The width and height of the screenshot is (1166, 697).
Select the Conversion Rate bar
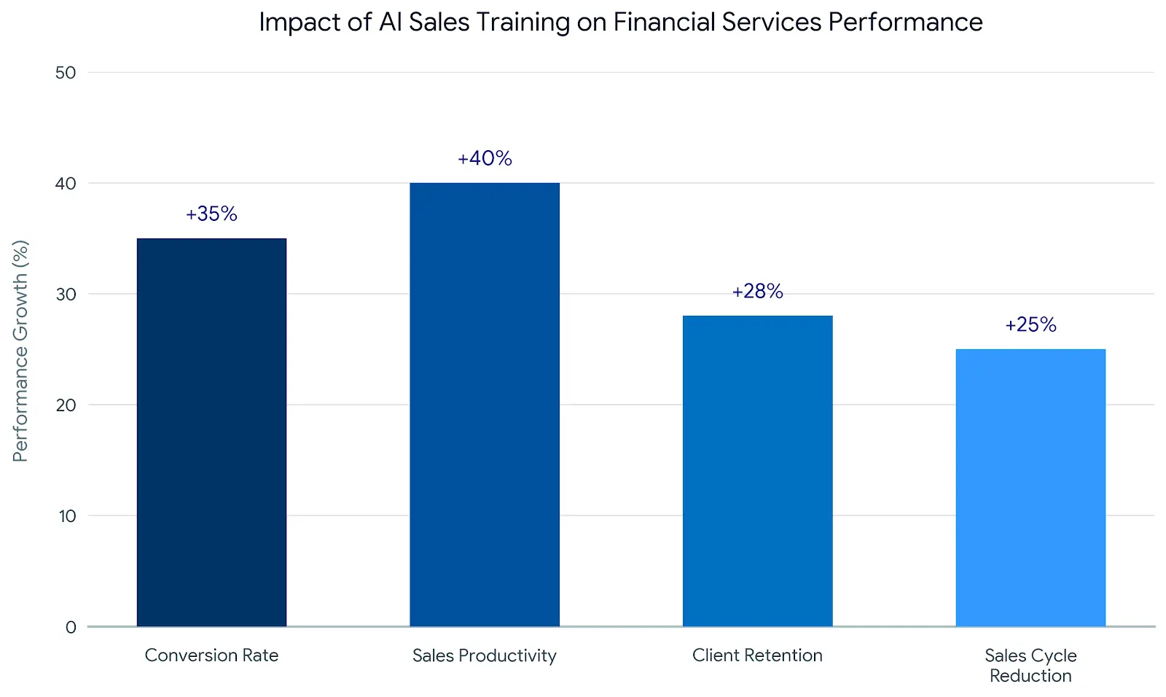[x=211, y=432]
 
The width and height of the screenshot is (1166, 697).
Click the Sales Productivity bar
[x=485, y=405]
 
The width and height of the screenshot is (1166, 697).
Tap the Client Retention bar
[x=757, y=471]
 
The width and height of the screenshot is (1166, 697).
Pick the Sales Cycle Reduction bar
[x=1030, y=488]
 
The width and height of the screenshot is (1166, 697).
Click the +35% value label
[x=211, y=214]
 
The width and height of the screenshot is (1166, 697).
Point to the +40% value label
[x=485, y=158]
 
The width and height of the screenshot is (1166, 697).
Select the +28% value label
[x=757, y=292]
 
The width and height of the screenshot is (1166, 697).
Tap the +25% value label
[x=1030, y=324]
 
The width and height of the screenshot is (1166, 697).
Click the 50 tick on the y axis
[x=66, y=72]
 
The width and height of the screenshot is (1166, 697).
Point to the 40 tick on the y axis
[x=66, y=183]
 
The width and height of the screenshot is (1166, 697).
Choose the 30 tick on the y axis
[x=66, y=294]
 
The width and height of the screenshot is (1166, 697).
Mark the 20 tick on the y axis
[x=66, y=405]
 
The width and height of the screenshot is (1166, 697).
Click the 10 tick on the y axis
[x=67, y=516]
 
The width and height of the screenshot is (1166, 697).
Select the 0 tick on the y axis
[x=71, y=627]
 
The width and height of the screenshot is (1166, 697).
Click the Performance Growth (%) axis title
[x=20, y=351]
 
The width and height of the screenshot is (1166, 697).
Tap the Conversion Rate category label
[x=211, y=655]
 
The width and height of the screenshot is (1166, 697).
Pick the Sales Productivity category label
[x=485, y=655]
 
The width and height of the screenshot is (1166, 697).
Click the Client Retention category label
[x=757, y=655]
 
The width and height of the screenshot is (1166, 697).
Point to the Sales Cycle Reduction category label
[x=1030, y=665]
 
